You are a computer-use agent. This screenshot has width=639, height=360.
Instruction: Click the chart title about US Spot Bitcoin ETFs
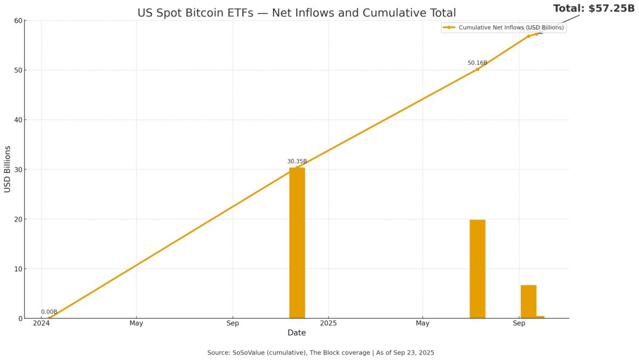tap(297, 13)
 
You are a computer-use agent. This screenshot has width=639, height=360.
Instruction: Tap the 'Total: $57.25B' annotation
tap(594, 9)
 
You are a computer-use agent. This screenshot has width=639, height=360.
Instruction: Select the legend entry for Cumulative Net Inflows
tap(503, 28)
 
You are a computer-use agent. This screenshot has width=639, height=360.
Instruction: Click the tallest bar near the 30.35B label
tap(297, 243)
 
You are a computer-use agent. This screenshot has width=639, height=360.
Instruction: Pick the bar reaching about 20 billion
tap(477, 269)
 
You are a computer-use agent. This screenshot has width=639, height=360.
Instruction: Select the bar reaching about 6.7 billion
tap(528, 301)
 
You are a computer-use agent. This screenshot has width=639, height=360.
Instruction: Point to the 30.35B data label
tap(297, 161)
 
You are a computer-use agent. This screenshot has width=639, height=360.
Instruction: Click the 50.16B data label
tap(477, 63)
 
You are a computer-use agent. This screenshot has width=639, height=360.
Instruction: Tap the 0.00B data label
tap(49, 312)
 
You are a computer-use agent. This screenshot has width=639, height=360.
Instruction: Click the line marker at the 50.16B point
tap(477, 69)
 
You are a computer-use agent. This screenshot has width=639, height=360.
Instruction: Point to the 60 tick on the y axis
tap(18, 21)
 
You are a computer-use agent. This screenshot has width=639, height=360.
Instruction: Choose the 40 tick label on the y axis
tap(18, 120)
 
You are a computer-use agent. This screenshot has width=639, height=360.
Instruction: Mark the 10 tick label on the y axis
tap(18, 269)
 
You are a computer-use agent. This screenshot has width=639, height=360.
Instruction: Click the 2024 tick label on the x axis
tap(41, 323)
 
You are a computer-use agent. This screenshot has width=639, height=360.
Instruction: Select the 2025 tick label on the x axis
tap(329, 323)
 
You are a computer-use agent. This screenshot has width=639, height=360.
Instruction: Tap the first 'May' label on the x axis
tap(136, 323)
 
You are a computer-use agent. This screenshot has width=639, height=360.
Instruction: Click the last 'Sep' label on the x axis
tap(519, 323)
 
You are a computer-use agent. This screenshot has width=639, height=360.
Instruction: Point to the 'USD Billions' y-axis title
tap(7, 169)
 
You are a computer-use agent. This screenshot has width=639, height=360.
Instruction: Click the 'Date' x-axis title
tap(297, 333)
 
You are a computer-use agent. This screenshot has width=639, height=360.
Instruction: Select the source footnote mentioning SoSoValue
tap(321, 353)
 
